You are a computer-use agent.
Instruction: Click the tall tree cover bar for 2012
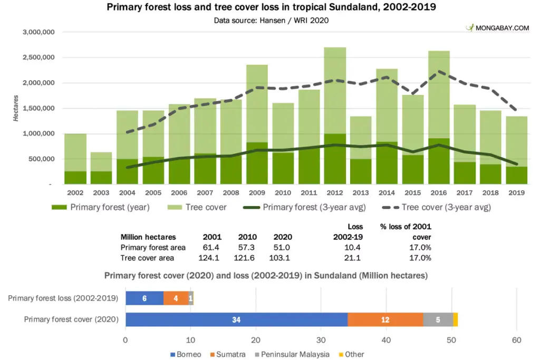point(335,90)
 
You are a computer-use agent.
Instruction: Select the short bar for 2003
point(101,161)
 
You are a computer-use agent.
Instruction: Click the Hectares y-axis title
point(16,109)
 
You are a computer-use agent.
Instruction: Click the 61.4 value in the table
point(212,247)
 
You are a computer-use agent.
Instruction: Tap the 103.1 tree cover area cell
point(279,258)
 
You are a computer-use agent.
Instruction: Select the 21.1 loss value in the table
point(352,258)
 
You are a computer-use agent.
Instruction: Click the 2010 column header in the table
point(247,237)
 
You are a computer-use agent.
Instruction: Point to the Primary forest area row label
point(153,247)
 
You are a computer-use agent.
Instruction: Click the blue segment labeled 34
point(236,319)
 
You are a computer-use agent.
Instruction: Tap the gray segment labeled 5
point(438,319)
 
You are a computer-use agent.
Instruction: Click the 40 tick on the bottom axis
point(387,340)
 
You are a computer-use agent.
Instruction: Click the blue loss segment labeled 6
point(144,298)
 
